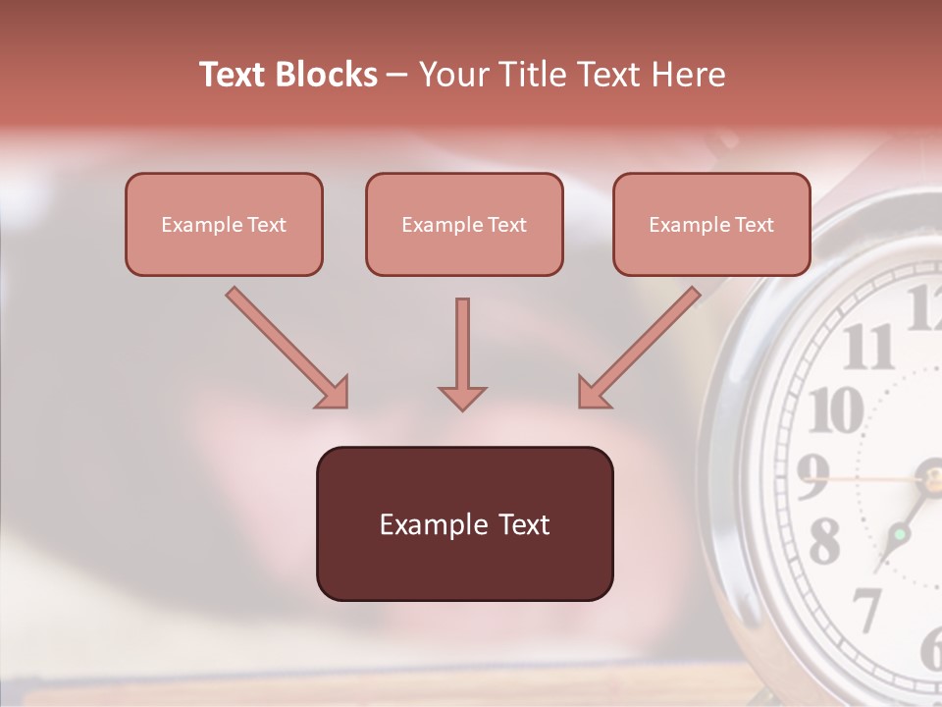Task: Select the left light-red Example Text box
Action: pyautogui.click(x=224, y=224)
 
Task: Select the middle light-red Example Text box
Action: pyautogui.click(x=464, y=224)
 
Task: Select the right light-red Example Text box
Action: pyautogui.click(x=711, y=224)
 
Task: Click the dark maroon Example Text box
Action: pyautogui.click(x=464, y=523)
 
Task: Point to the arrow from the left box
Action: pyautogui.click(x=288, y=348)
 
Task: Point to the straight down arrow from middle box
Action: pyautogui.click(x=462, y=353)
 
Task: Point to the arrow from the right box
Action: pyautogui.click(x=639, y=348)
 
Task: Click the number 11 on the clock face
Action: pyautogui.click(x=868, y=347)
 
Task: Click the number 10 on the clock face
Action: pyautogui.click(x=836, y=409)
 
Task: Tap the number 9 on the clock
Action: pyautogui.click(x=813, y=478)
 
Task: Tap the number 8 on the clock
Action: pyautogui.click(x=824, y=541)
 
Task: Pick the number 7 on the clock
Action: pyautogui.click(x=866, y=610)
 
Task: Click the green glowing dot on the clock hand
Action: pyautogui.click(x=899, y=534)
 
